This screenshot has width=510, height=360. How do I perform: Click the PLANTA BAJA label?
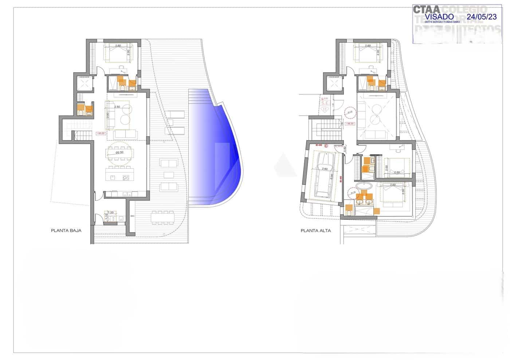pos(66,230)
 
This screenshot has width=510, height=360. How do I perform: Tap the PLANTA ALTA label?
pos(316,230)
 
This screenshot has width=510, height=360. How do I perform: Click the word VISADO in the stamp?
pos(439,17)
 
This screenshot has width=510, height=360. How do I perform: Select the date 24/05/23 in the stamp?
pos(482,17)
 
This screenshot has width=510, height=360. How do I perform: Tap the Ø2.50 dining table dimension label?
pos(120,153)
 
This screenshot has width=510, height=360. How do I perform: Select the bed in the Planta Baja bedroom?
pos(118,53)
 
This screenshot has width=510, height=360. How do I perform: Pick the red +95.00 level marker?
pos(101,134)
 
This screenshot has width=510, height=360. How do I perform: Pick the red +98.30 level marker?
pos(350,124)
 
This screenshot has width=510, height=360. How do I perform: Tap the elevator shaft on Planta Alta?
pos(334,84)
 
